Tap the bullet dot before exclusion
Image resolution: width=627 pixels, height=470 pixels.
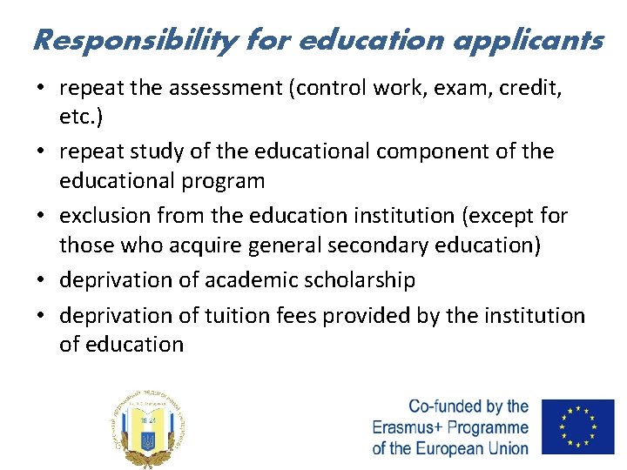pyautogui.click(x=42, y=216)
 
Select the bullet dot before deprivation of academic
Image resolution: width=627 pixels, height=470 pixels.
pyautogui.click(x=42, y=280)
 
